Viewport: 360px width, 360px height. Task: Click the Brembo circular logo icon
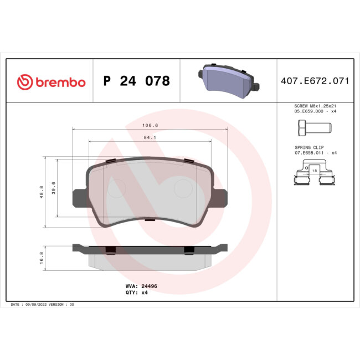pos(25,82)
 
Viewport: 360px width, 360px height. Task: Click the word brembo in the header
pos(60,83)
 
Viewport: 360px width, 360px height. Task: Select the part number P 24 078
pos(136,81)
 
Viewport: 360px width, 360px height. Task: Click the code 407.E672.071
pos(315,81)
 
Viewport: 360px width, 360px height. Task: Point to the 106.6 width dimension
pos(150,125)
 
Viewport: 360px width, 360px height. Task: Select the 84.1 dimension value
pos(150,137)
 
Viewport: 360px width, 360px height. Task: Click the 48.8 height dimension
pos(42,192)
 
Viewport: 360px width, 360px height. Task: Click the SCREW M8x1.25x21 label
pos(315,106)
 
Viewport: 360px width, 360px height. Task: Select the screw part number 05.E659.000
pos(307,111)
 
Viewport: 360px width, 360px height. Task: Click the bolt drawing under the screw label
pos(311,128)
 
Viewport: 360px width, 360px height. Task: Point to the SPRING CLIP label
pos(307,147)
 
